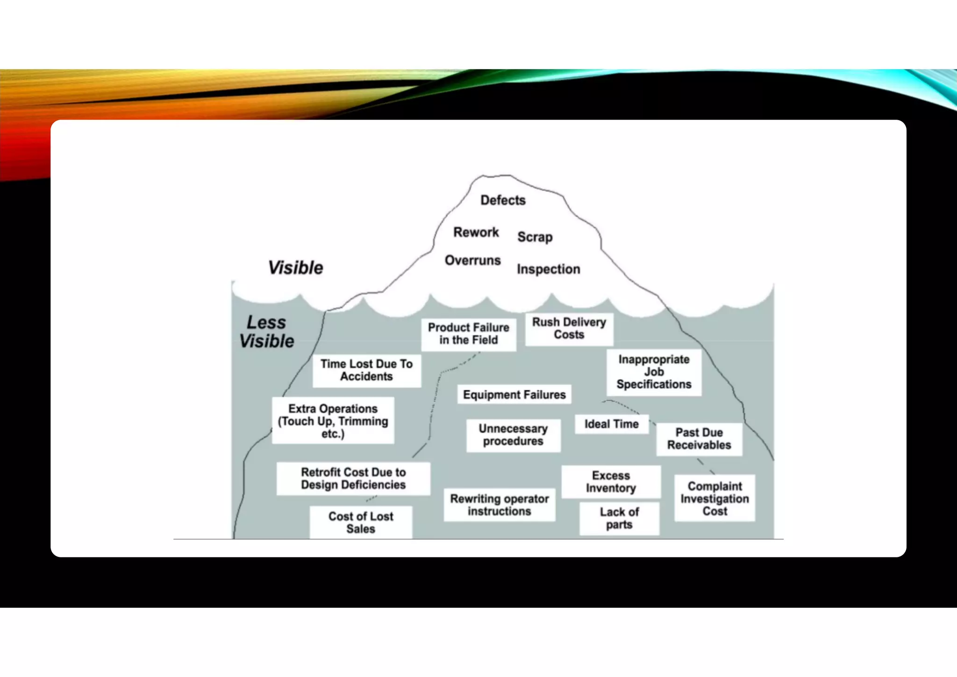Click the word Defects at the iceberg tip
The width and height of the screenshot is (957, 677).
point(503,200)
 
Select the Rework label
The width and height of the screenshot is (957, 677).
point(476,232)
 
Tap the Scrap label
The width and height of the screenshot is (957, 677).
point(535,237)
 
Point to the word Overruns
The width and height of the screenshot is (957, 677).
point(472,260)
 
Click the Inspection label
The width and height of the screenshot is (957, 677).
point(548,269)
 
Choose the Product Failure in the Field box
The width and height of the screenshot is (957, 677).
point(468,334)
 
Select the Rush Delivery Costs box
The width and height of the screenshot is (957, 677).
point(569,329)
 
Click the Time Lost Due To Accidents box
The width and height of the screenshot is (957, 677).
point(366,370)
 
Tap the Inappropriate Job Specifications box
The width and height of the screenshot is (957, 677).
point(654,372)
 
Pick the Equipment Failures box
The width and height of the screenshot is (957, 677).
point(514,395)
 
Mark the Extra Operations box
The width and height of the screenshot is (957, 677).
point(333,421)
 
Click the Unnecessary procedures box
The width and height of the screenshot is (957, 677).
point(513,435)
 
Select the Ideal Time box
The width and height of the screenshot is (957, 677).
point(611,424)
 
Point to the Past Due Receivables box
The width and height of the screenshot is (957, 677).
point(699,439)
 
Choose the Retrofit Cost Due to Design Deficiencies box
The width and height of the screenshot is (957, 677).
point(353,479)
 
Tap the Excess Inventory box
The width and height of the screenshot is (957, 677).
point(611,482)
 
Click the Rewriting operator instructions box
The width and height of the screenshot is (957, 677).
point(499,505)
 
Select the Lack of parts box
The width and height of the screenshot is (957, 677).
point(619,519)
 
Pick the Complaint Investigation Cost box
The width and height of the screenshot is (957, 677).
point(714,499)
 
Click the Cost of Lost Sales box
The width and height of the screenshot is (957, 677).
point(360,523)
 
